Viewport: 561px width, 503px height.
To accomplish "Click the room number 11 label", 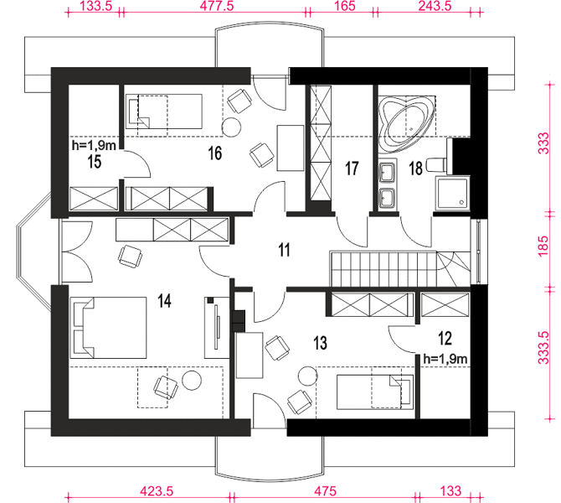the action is coord(284,250).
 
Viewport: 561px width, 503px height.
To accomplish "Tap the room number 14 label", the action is coord(165,301).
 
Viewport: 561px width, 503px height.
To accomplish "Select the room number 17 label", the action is coord(352,169).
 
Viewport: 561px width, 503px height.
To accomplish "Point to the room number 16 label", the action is coord(215,153).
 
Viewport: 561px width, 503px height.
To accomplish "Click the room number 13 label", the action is coord(320,343).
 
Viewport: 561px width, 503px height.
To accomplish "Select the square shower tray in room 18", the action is coord(452,194).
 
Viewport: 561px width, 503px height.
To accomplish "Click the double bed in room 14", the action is coord(108,328).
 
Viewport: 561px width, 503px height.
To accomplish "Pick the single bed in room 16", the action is coord(164,111).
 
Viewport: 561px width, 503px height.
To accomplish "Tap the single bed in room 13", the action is coord(375,392).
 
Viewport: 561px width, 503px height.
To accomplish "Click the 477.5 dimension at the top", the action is coord(217,6).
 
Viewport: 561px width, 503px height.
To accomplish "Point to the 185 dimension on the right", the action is coord(543,246).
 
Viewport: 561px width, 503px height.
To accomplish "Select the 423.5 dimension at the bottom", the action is coord(157,490).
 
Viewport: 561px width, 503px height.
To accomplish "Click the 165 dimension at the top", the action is coord(346,6).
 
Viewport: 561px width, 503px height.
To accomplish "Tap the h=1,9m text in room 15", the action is coord(94,145).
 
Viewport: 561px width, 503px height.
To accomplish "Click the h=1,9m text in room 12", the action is coord(445,359).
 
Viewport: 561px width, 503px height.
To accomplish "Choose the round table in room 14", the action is coord(192,381).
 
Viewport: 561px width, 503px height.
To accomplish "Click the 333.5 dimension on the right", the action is coord(543,348).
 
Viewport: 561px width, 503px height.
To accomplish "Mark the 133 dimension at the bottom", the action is coord(450,490).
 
